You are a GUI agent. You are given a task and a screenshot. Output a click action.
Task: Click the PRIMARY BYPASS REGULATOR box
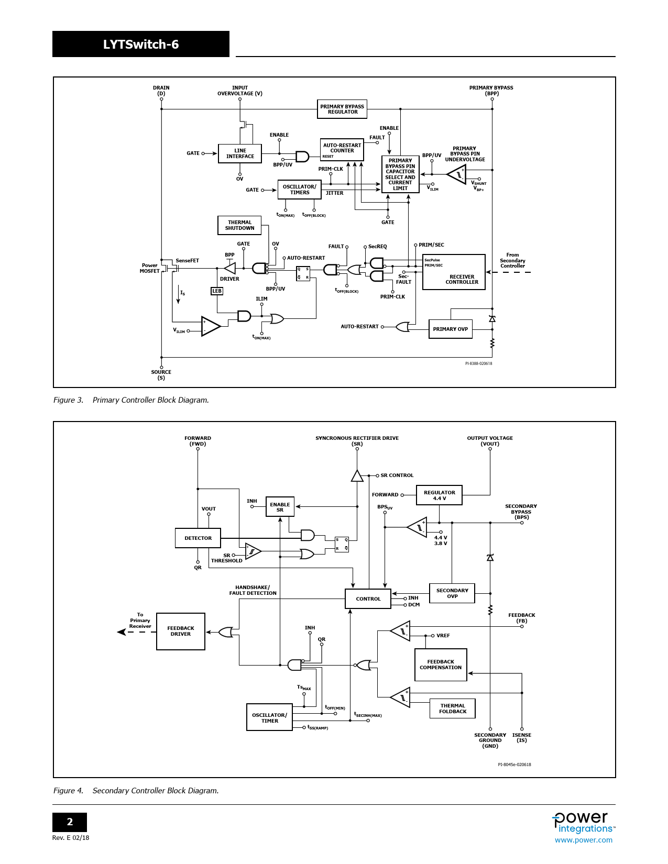point(342,109)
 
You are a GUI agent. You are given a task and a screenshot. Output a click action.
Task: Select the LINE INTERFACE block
point(240,153)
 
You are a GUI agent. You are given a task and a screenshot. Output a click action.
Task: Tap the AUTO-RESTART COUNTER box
point(342,150)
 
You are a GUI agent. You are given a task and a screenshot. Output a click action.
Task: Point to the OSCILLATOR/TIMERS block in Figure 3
point(299,190)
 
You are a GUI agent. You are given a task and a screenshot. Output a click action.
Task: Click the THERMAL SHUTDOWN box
point(239,225)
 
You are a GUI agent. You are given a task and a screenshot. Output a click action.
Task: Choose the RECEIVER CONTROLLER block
point(454,272)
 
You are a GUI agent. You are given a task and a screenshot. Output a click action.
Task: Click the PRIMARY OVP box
point(450,329)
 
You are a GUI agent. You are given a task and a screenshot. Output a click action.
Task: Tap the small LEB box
point(217,291)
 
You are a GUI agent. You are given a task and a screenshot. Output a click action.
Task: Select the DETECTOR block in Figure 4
point(198,538)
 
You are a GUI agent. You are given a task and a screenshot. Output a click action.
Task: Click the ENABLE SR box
point(280,507)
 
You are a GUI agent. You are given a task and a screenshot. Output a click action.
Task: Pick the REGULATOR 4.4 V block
point(439,495)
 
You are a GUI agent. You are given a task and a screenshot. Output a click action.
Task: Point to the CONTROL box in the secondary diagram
point(368,599)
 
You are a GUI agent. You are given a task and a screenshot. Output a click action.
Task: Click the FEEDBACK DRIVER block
point(181,631)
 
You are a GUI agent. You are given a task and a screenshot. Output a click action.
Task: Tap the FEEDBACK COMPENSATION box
point(441,664)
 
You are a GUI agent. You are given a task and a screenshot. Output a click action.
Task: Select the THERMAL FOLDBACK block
point(453,708)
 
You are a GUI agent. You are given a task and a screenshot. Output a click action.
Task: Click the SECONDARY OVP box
point(452,593)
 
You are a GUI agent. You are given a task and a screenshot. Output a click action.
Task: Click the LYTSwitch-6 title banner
point(141,44)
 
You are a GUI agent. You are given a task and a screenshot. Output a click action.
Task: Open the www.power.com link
point(583,840)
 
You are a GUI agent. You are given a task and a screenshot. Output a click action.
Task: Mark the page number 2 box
point(70,822)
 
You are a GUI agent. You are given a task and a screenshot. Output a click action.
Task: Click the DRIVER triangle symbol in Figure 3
point(231,268)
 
